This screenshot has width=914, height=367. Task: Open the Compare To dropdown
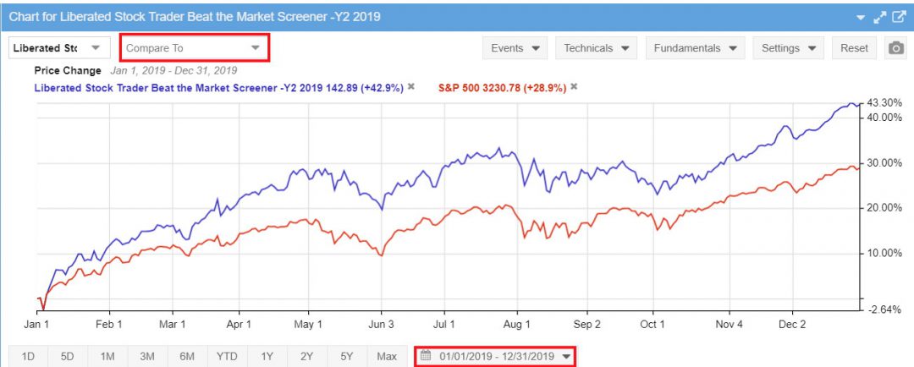click(x=194, y=48)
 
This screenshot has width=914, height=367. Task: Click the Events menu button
click(x=515, y=48)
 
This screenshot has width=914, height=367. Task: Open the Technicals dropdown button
click(x=597, y=48)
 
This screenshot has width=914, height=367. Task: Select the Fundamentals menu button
click(x=695, y=48)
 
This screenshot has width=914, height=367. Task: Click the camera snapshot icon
click(x=895, y=48)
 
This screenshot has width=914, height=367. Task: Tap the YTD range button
click(x=227, y=356)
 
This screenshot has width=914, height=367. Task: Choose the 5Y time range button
click(x=347, y=356)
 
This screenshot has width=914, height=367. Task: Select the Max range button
click(x=387, y=356)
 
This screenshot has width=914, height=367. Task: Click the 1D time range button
click(x=28, y=356)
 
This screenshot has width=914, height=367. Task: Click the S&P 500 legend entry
click(x=502, y=87)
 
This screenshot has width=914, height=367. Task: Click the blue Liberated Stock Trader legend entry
click(x=218, y=87)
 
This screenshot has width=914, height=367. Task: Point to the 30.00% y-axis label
click(x=884, y=163)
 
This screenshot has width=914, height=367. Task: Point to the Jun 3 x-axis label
click(x=382, y=325)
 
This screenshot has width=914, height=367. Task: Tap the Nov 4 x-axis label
click(x=728, y=325)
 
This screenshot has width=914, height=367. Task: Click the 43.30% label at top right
click(x=884, y=102)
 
